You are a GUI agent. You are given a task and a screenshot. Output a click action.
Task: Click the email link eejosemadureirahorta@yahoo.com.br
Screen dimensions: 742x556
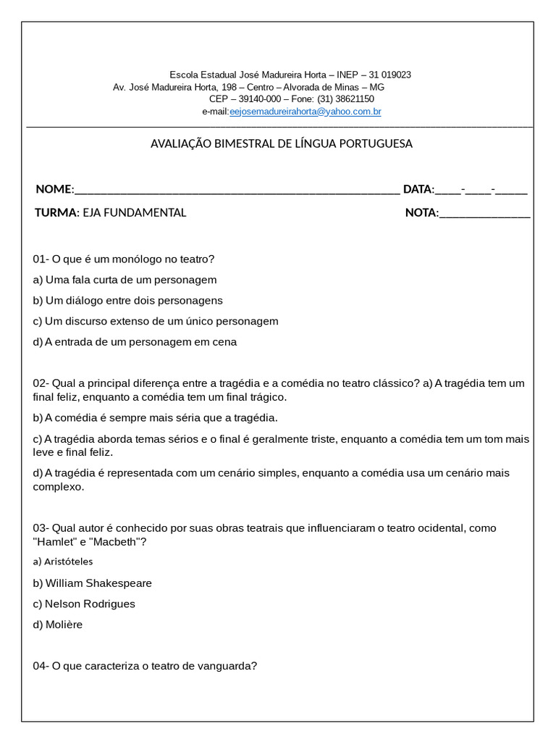[305, 112]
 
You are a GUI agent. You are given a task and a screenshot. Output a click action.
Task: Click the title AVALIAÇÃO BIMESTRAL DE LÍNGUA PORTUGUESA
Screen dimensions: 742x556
[281, 143]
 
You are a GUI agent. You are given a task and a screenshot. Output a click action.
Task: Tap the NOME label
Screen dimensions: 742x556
[54, 189]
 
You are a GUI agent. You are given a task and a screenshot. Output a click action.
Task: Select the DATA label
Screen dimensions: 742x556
[417, 189]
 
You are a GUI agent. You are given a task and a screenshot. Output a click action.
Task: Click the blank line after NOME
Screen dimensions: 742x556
[237, 190]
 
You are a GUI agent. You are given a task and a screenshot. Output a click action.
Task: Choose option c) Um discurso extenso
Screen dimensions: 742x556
[155, 321]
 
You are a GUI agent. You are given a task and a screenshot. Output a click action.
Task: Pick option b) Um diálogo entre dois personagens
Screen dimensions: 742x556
[127, 300]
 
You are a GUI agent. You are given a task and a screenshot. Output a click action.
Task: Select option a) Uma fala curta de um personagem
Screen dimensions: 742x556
[125, 280]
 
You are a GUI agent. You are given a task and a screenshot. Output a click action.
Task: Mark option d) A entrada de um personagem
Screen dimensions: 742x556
[135, 341]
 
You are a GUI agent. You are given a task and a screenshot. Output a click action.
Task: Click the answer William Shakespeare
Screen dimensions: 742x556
[98, 583]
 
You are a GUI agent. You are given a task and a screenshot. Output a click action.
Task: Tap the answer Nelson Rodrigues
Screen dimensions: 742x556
[90, 604]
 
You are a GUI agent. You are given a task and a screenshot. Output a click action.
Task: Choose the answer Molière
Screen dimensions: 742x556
[64, 624]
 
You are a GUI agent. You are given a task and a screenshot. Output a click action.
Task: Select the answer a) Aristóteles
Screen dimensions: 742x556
[63, 561]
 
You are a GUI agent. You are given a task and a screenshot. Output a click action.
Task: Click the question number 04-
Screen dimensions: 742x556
[41, 665]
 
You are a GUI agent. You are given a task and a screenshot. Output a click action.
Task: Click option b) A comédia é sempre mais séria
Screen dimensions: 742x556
[155, 417]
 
